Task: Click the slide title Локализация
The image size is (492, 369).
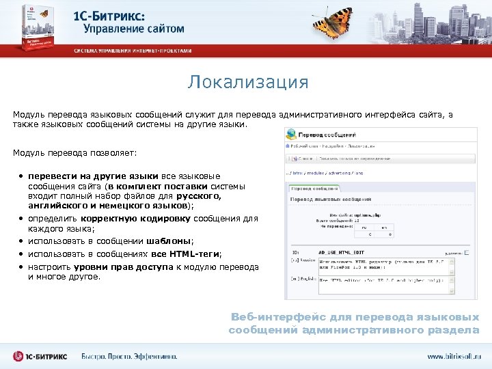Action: pos(249,83)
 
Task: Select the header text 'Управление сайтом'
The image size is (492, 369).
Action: pos(134,29)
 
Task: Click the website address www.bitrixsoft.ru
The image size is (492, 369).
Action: pos(454,356)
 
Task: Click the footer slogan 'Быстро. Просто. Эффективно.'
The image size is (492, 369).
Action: pos(129,356)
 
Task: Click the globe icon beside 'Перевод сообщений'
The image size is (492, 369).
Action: pos(292,134)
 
